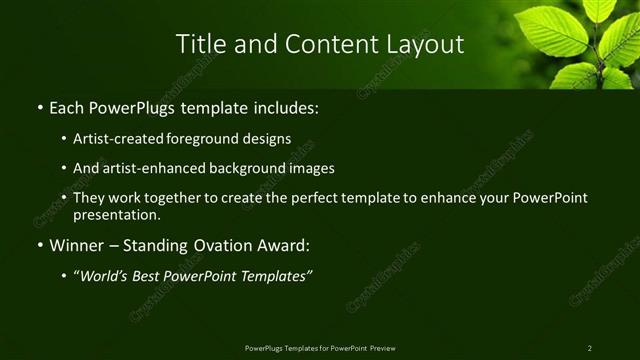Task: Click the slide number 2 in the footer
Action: coord(590,348)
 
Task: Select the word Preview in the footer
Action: coord(383,348)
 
